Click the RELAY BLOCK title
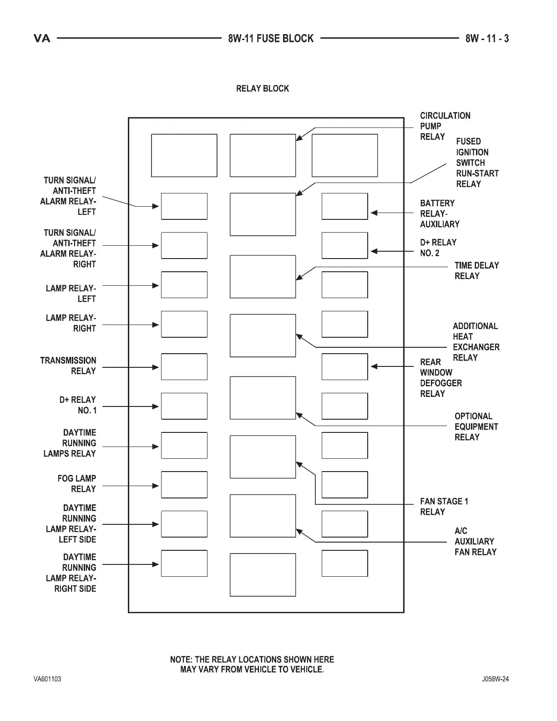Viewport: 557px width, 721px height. tap(262, 88)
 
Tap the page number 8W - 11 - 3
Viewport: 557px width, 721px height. tap(487, 39)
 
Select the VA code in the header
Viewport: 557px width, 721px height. tap(42, 39)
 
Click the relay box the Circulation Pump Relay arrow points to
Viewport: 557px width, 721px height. tap(263, 155)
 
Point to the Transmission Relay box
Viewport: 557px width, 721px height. tap(184, 366)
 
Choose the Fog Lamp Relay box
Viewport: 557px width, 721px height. tap(184, 485)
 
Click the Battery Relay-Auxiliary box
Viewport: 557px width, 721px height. tap(344, 206)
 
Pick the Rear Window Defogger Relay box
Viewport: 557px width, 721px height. tap(344, 366)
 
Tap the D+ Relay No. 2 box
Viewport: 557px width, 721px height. tap(344, 245)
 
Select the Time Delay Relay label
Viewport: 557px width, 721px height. tap(476, 270)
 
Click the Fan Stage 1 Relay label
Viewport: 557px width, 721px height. tap(444, 507)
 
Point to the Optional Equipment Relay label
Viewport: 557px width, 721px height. tap(476, 427)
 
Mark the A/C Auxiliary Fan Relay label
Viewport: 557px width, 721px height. tap(475, 541)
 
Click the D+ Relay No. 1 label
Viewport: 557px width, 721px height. tap(78, 405)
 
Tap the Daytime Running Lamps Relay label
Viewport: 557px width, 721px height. tap(70, 443)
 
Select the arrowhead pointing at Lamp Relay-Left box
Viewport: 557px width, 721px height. tap(156, 285)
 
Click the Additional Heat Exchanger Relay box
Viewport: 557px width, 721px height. tap(263, 335)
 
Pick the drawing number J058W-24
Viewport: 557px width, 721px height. tap(496, 679)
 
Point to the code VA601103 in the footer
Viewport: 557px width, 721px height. tap(47, 679)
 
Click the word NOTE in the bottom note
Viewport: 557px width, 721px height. tap(181, 660)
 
